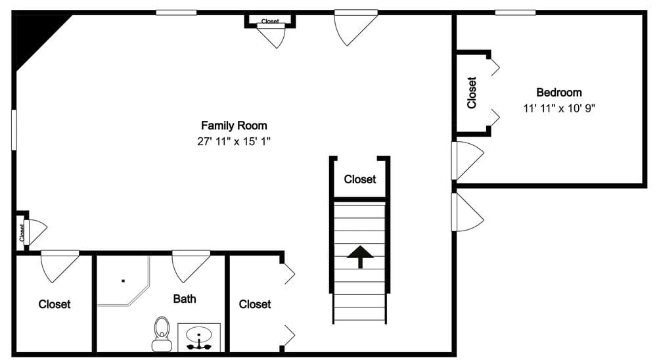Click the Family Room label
(234, 125)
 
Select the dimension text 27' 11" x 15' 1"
(234, 141)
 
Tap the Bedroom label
(558, 93)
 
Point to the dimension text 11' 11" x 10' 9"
(558, 108)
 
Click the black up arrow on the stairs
(359, 256)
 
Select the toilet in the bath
(161, 332)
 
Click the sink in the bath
(198, 337)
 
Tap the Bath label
(185, 299)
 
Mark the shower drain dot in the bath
(124, 281)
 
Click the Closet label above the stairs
(360, 179)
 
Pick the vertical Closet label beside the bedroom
(471, 93)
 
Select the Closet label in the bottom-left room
(55, 304)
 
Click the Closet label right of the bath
(255, 304)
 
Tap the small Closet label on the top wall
(270, 21)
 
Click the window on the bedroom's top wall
(515, 12)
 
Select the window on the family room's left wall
(14, 129)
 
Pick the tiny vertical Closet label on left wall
(22, 232)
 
